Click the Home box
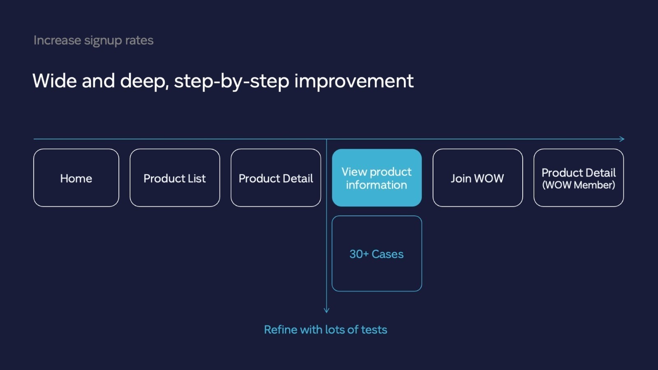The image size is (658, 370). [x=76, y=178]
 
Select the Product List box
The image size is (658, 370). [x=175, y=178]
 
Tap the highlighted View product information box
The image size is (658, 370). [x=377, y=178]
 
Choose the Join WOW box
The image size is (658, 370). [x=477, y=178]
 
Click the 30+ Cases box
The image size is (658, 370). [x=377, y=254]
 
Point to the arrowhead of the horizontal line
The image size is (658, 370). [x=623, y=139]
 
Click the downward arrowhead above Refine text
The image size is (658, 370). [x=327, y=311]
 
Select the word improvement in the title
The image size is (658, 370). [x=354, y=81]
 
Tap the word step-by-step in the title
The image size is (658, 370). [x=232, y=81]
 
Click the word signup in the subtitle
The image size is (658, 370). [x=103, y=41]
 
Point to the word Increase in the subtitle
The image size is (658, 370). [x=57, y=40]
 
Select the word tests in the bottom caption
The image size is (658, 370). [x=374, y=330]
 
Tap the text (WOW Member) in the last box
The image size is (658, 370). [x=579, y=185]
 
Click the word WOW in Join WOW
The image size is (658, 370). [x=489, y=178]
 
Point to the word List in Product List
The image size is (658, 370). [x=197, y=178]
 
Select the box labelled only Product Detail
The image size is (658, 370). [x=276, y=178]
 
